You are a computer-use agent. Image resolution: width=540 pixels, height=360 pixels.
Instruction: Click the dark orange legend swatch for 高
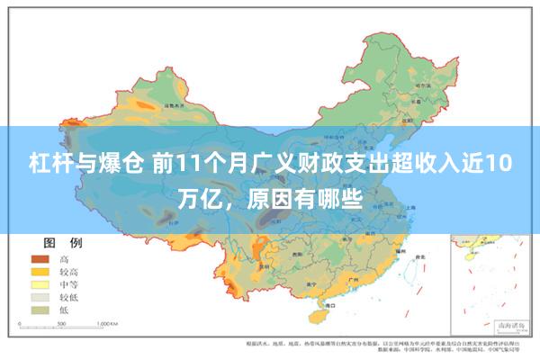coord(40,258)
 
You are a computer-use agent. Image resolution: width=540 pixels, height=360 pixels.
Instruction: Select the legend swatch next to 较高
coord(40,271)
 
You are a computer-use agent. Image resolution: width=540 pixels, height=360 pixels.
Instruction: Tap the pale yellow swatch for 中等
coord(40,283)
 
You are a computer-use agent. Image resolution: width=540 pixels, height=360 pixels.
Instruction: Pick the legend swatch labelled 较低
coord(40,296)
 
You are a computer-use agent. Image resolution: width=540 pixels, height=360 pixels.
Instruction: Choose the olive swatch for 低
coord(40,310)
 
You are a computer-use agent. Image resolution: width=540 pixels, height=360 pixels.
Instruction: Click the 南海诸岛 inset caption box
coord(500,327)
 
